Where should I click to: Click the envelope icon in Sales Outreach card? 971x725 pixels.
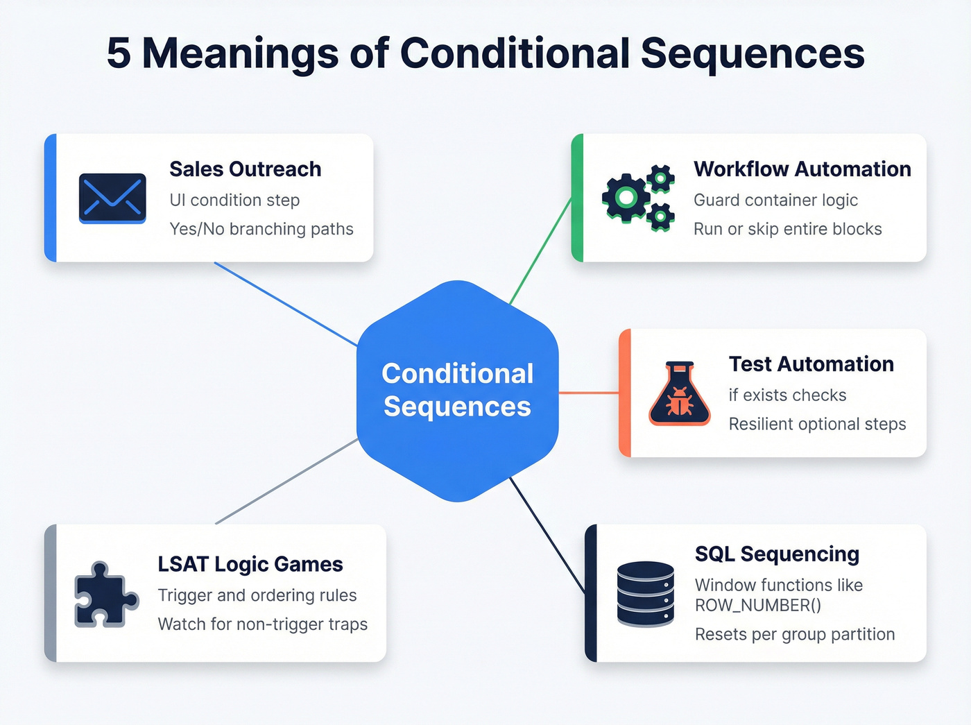(x=112, y=198)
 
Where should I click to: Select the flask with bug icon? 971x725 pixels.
(x=680, y=393)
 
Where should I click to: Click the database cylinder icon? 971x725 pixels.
(x=645, y=594)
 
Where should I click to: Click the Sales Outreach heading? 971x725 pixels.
(x=245, y=169)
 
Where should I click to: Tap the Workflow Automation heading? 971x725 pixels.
(x=802, y=169)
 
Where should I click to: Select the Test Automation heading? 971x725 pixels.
(x=811, y=364)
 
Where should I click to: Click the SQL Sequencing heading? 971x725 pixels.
(x=777, y=554)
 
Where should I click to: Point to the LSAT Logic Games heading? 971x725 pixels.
(x=250, y=565)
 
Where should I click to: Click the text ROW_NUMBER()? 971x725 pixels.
(x=757, y=606)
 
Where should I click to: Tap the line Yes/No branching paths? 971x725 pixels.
(x=261, y=229)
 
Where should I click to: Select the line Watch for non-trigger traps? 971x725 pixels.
(x=262, y=624)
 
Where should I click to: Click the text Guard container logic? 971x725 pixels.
(x=775, y=201)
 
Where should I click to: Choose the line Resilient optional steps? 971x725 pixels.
(x=817, y=424)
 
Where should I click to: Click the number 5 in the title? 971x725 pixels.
(x=119, y=53)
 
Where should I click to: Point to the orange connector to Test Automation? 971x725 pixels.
(x=588, y=393)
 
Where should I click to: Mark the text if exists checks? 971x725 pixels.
(x=787, y=395)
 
